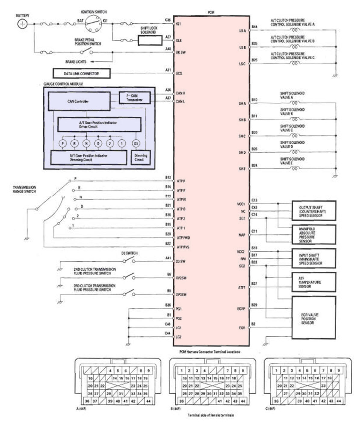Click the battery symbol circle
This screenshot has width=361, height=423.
[22, 24]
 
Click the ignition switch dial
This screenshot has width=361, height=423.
[93, 23]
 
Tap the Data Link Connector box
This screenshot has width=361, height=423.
[81, 73]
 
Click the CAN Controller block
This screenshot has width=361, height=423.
[79, 101]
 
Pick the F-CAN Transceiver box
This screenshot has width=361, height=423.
[134, 98]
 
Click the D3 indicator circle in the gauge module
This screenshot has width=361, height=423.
[136, 144]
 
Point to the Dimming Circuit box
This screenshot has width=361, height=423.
[140, 157]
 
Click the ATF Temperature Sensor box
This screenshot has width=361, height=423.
[314, 282]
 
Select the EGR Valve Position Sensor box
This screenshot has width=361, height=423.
[314, 317]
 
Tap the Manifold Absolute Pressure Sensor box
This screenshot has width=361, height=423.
[314, 235]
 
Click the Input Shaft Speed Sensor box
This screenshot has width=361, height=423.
[314, 259]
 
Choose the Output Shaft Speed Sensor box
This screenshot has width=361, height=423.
[314, 211]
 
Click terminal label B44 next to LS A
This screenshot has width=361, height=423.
[255, 27]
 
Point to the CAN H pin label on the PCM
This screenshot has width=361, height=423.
[180, 93]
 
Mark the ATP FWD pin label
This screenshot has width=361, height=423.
[183, 238]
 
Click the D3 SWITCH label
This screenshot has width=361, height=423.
[129, 253]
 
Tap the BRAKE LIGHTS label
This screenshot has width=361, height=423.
[76, 62]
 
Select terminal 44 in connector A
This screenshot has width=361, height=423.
[148, 401]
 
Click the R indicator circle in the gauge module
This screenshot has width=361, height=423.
[75, 144]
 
